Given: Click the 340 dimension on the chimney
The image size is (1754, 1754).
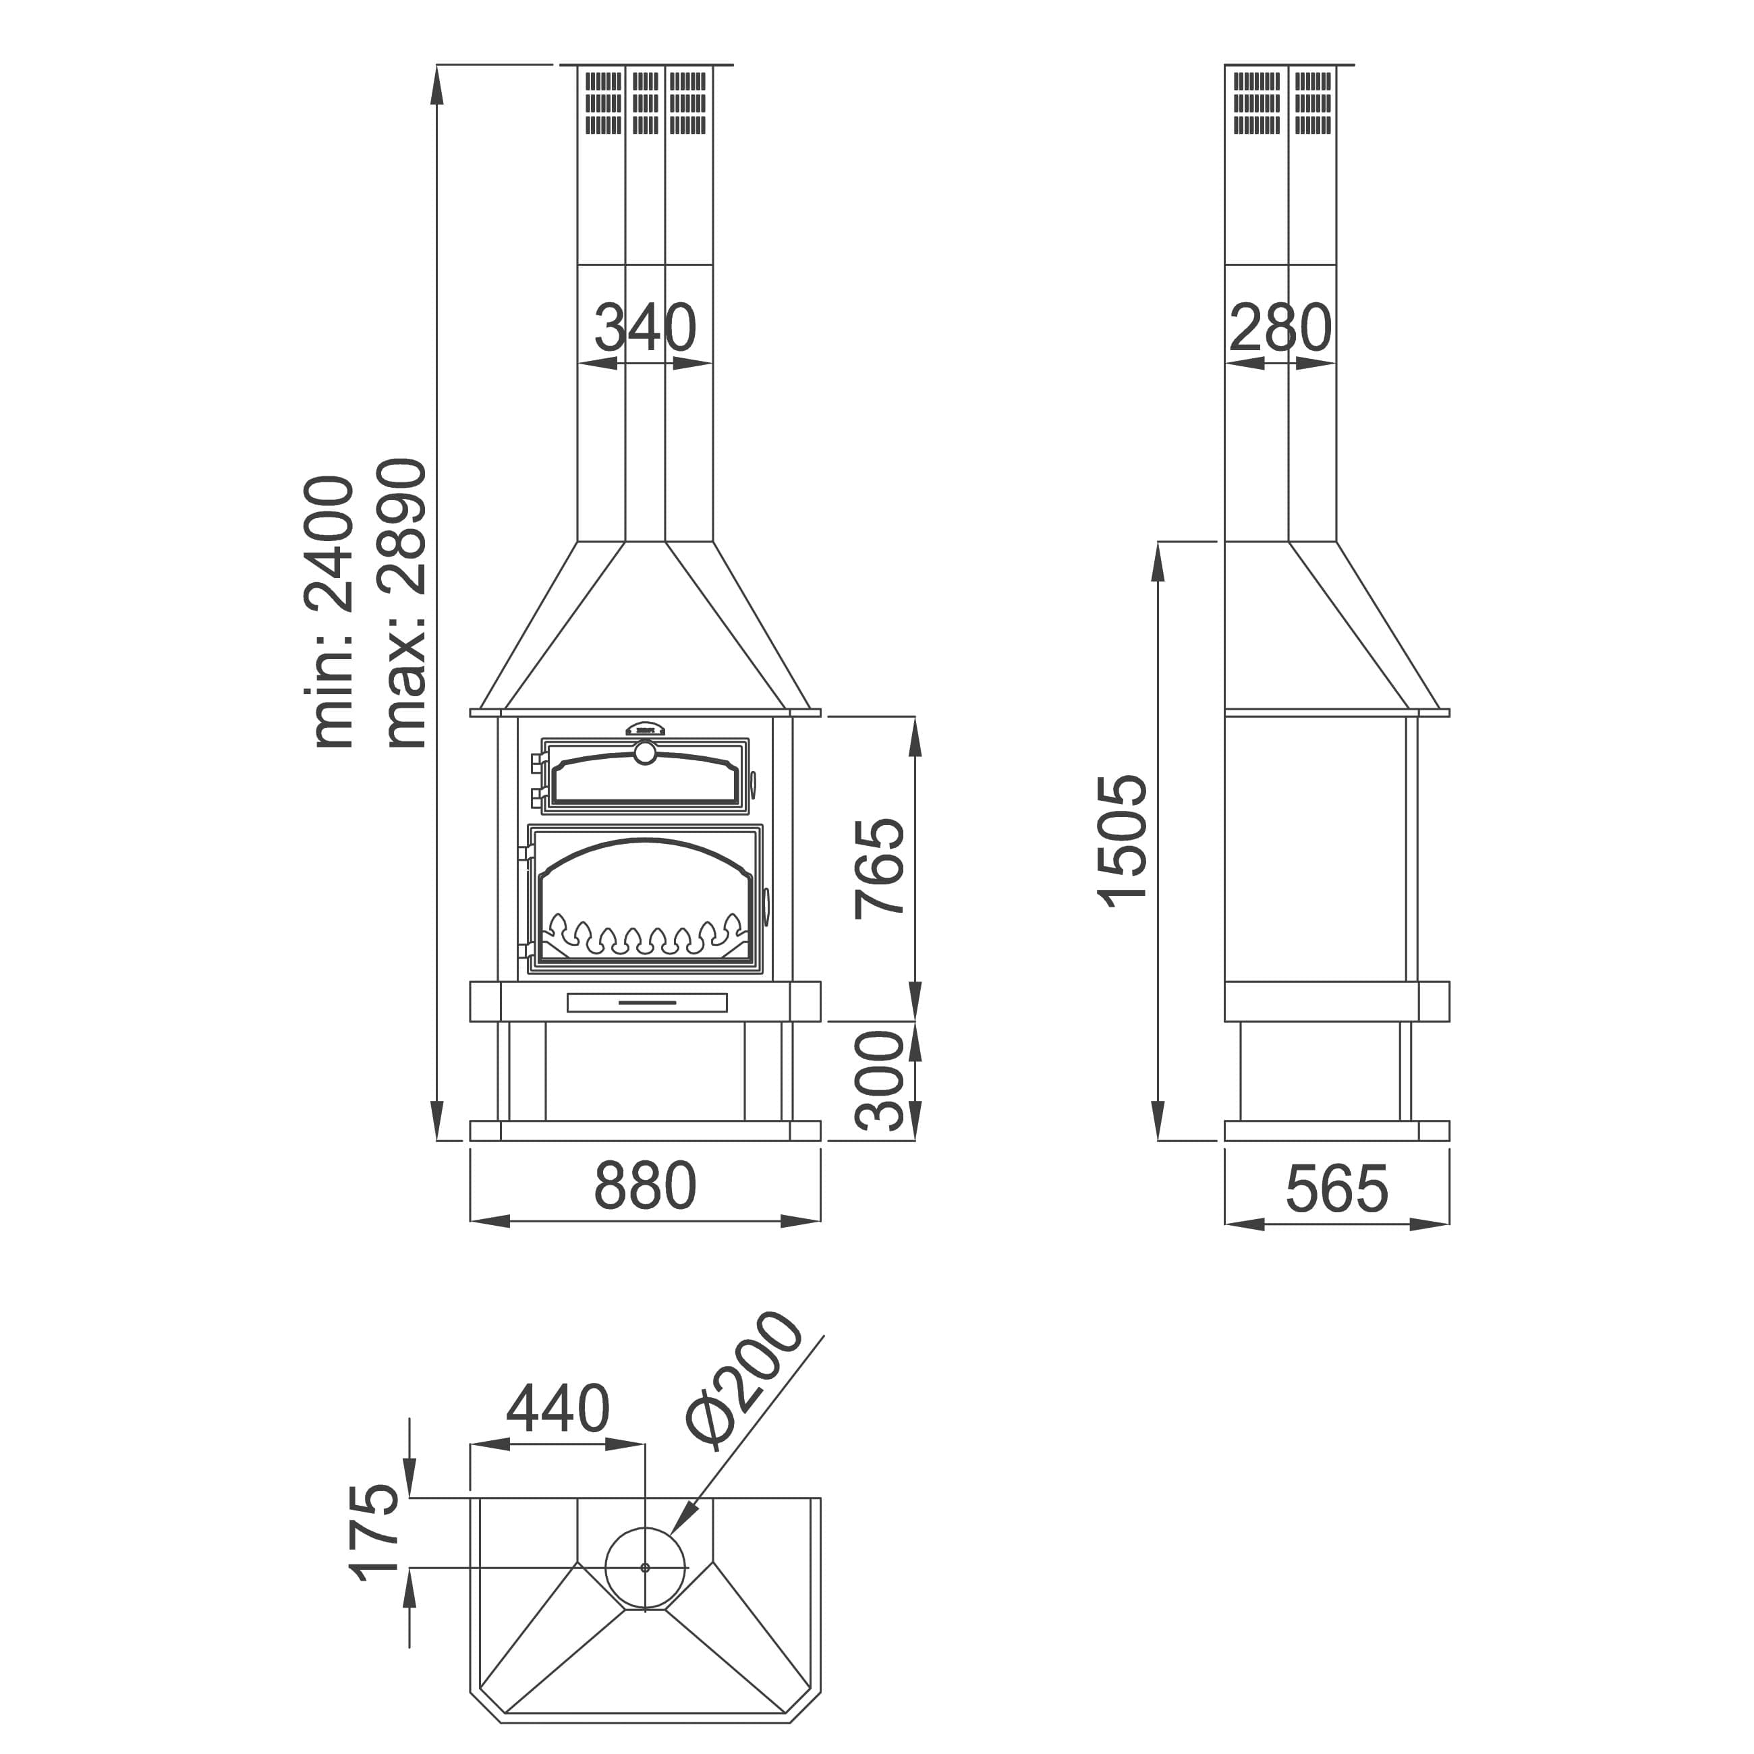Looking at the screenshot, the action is pyautogui.click(x=646, y=328).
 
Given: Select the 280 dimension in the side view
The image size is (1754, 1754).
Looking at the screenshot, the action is pyautogui.click(x=1281, y=328).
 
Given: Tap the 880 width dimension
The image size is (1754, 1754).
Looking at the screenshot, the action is pyautogui.click(x=646, y=1186).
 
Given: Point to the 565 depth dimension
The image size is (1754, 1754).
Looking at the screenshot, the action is pyautogui.click(x=1337, y=1189).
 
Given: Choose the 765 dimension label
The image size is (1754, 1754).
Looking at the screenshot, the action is pyautogui.click(x=880, y=869).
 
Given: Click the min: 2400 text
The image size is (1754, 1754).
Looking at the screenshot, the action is pyautogui.click(x=329, y=612).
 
